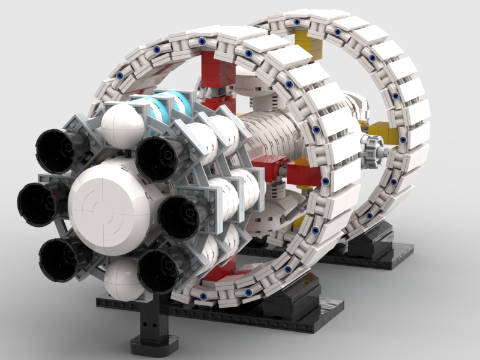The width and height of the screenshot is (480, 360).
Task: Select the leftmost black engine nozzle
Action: click(x=37, y=202)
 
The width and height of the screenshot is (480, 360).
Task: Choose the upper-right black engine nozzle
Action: click(x=157, y=158)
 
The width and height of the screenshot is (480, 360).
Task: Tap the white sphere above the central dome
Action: click(x=122, y=127)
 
